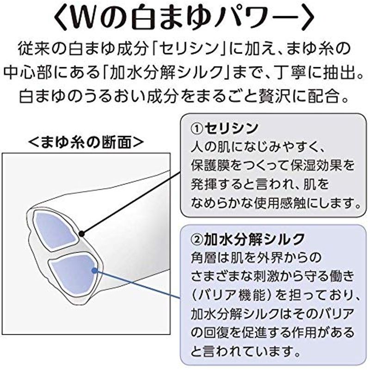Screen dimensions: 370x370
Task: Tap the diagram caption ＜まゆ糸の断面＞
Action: pyautogui.click(x=86, y=142)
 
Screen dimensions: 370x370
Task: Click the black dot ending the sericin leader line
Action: pyautogui.click(x=82, y=234)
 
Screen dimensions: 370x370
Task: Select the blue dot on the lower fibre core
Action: pyautogui.click(x=94, y=271)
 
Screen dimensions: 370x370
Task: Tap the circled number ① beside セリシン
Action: pyautogui.click(x=197, y=129)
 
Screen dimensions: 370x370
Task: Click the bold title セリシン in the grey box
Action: pyautogui.click(x=231, y=129)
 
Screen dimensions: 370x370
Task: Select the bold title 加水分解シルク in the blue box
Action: pyautogui.click(x=254, y=240)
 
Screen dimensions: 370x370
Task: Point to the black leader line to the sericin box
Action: pyautogui.click(x=131, y=203)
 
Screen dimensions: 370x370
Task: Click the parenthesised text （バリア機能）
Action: pyautogui.click(x=232, y=296)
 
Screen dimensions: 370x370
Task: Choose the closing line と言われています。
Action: pyautogui.click(x=246, y=351)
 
